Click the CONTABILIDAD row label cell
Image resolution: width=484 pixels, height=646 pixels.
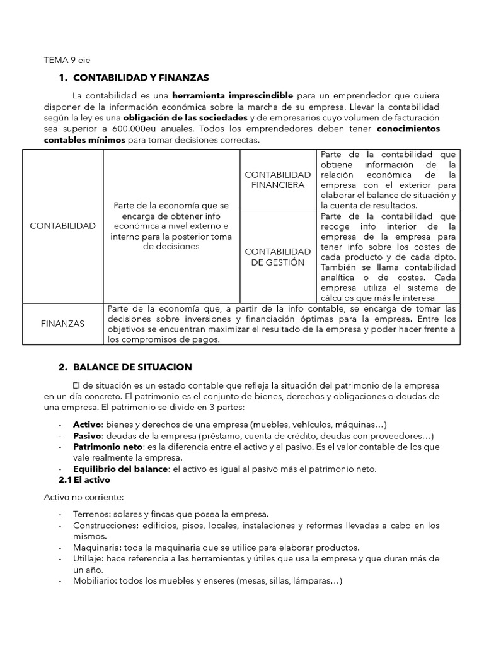[63, 226]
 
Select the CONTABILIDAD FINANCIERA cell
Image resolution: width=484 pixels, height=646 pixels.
[277, 179]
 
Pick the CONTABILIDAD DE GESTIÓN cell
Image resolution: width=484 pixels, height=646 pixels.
[277, 257]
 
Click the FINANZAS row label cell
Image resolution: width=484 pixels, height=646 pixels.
[63, 323]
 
